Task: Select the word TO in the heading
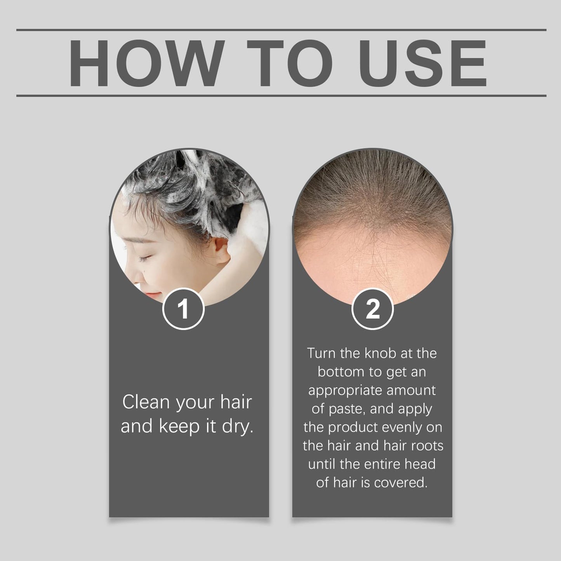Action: click(289, 63)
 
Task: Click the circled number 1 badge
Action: click(183, 309)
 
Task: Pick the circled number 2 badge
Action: click(373, 309)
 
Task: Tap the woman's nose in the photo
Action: click(134, 278)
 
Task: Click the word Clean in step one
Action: click(146, 402)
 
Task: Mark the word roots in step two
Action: click(426, 446)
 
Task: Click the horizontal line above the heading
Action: click(281, 30)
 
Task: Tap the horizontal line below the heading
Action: click(281, 96)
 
